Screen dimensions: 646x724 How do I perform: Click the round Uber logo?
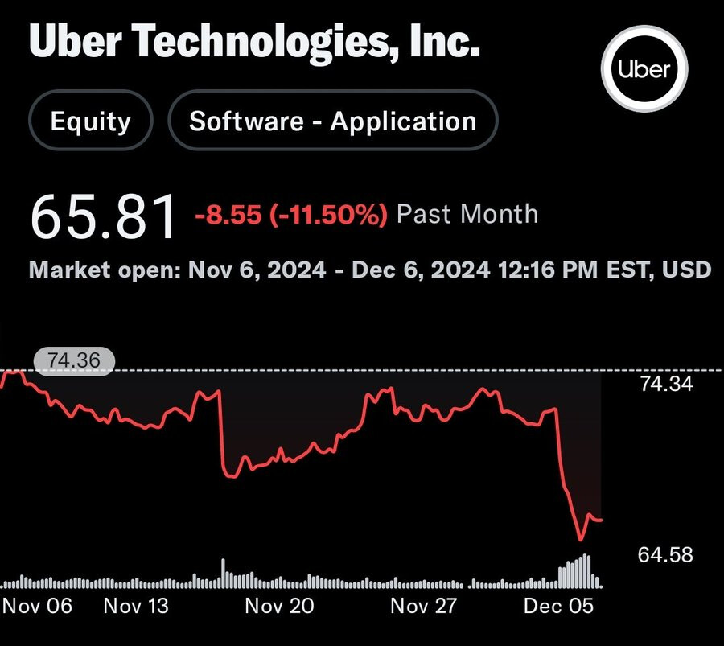coord(645,71)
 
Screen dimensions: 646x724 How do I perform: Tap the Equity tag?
coord(90,121)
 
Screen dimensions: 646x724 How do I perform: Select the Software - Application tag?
coord(332,121)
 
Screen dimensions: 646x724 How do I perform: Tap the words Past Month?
coord(467,214)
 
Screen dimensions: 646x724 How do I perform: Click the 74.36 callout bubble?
coord(74,361)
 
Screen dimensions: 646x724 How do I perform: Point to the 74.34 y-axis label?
coord(665,384)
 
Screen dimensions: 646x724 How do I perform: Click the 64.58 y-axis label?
coord(665,555)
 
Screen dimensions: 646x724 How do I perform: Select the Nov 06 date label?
coord(37,605)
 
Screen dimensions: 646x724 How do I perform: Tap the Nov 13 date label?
coord(136,605)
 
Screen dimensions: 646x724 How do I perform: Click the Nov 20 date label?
coord(279,605)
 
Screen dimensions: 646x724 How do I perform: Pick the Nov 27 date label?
coord(424,605)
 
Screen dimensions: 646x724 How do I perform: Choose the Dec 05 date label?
coord(558,605)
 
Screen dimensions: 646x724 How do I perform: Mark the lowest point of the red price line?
coord(579,539)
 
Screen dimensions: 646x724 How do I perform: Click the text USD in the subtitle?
coord(686,269)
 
